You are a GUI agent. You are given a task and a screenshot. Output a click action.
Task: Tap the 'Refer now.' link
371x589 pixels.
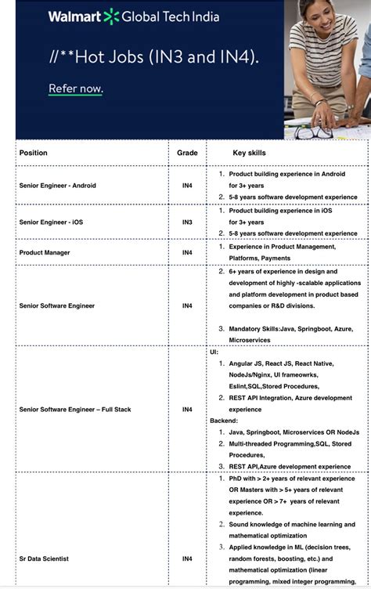76,89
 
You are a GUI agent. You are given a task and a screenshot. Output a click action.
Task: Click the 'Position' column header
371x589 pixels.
34,153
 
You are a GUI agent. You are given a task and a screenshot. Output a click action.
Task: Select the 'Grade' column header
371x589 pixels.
187,153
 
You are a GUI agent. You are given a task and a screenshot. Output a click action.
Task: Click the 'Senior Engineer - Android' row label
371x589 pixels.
58,186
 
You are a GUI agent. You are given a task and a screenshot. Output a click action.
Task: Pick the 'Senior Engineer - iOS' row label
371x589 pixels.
51,222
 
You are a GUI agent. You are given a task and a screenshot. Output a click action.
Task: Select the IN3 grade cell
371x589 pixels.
187,222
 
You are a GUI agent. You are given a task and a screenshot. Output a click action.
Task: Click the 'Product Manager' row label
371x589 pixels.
45,252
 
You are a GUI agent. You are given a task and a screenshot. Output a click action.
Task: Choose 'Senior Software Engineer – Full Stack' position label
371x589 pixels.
75,410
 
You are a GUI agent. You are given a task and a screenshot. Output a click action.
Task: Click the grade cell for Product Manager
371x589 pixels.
187,252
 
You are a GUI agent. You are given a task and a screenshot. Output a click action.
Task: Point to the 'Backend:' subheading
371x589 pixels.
225,421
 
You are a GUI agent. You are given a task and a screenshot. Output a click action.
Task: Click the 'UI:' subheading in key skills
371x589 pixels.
214,352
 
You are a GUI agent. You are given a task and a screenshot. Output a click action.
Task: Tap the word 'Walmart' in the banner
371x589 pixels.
74,16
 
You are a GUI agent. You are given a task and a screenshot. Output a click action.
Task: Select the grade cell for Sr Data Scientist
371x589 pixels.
187,558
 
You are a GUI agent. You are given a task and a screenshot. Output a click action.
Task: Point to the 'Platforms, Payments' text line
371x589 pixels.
259,258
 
